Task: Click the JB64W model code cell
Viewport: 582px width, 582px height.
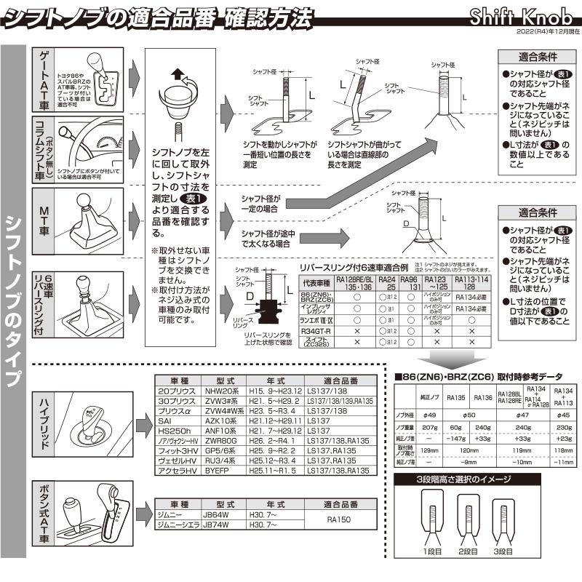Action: (222, 516)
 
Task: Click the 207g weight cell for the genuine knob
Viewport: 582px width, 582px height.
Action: (429, 428)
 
